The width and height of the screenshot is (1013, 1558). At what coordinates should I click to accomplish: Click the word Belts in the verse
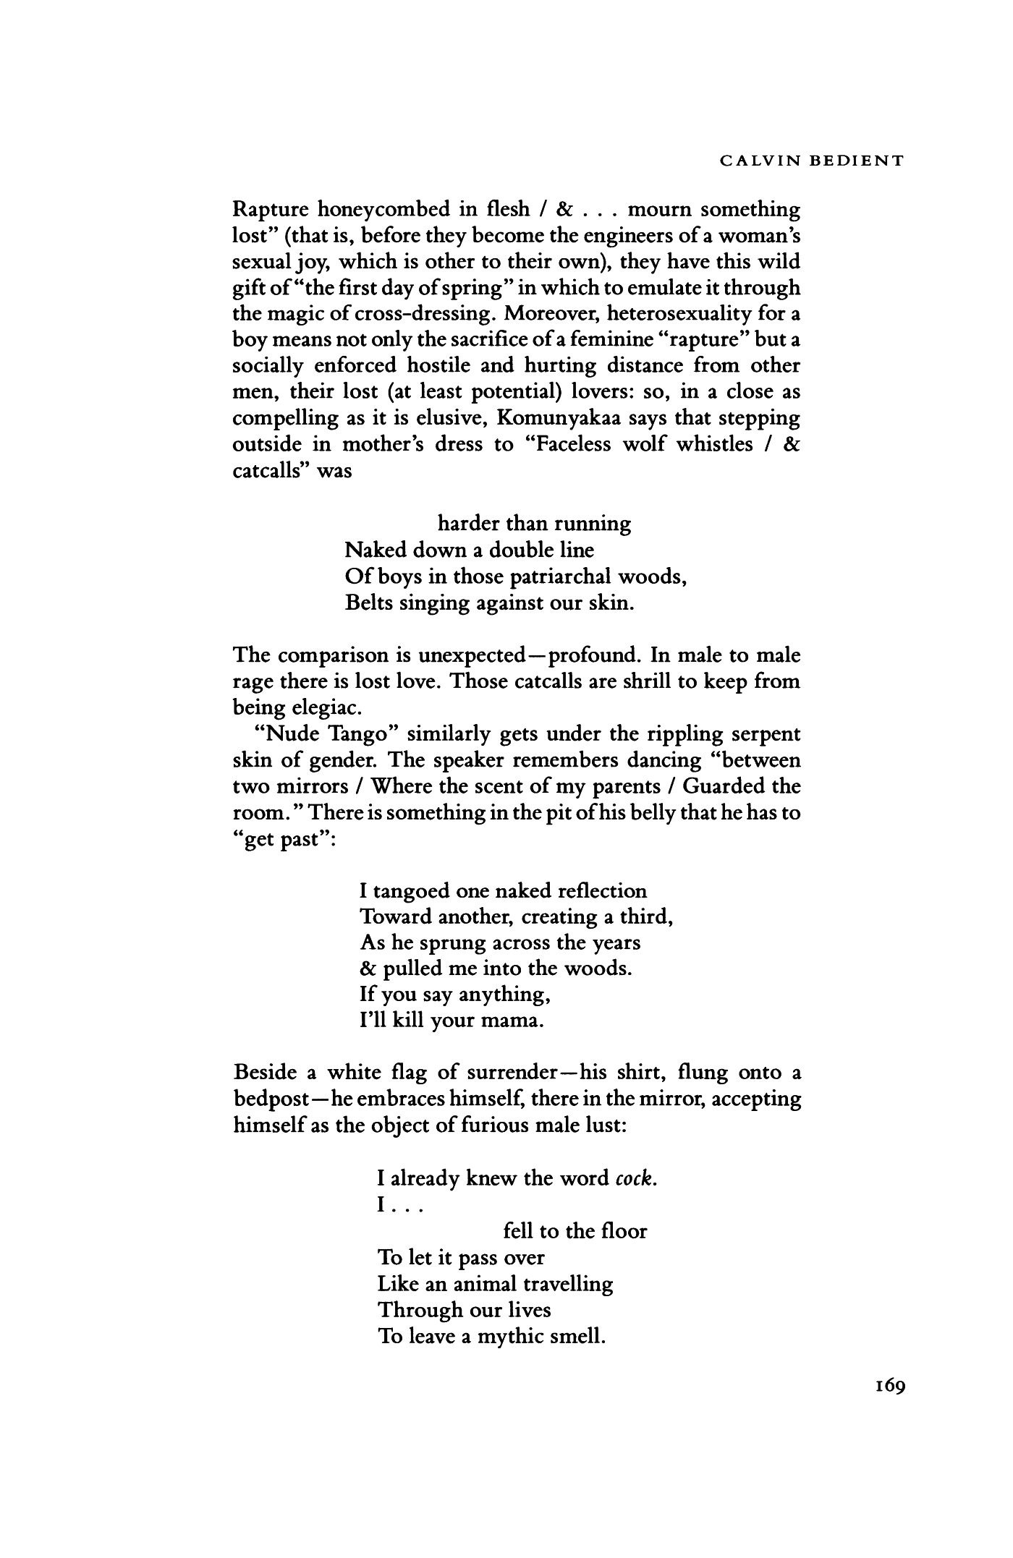370,603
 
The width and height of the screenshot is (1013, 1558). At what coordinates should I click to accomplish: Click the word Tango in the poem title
360,734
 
